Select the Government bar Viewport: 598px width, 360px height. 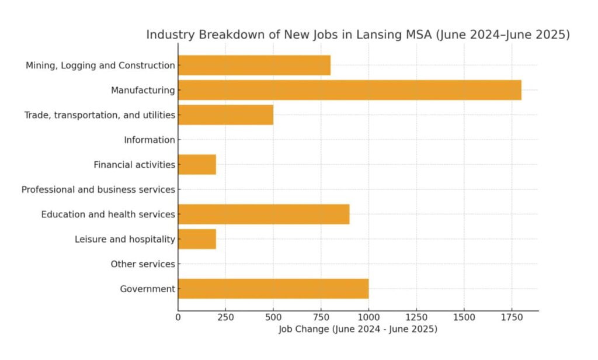coord(273,289)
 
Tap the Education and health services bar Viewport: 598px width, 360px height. coord(263,214)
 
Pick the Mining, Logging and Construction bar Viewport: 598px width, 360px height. coord(254,65)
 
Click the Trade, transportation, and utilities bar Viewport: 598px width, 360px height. coord(225,115)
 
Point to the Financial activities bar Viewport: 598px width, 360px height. coord(197,165)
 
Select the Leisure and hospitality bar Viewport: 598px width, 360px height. coord(197,239)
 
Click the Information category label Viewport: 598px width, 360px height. coord(149,140)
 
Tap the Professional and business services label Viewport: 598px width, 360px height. coord(98,190)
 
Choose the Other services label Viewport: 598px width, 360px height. coord(142,264)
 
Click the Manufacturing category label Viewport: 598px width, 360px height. coord(143,91)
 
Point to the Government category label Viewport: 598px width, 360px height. coord(147,289)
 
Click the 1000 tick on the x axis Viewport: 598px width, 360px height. coord(368,317)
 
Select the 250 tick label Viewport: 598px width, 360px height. coord(225,317)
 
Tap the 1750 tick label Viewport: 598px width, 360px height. coord(512,317)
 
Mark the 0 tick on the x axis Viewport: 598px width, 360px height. coord(178,317)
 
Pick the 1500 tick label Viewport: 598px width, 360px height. coord(464,317)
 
